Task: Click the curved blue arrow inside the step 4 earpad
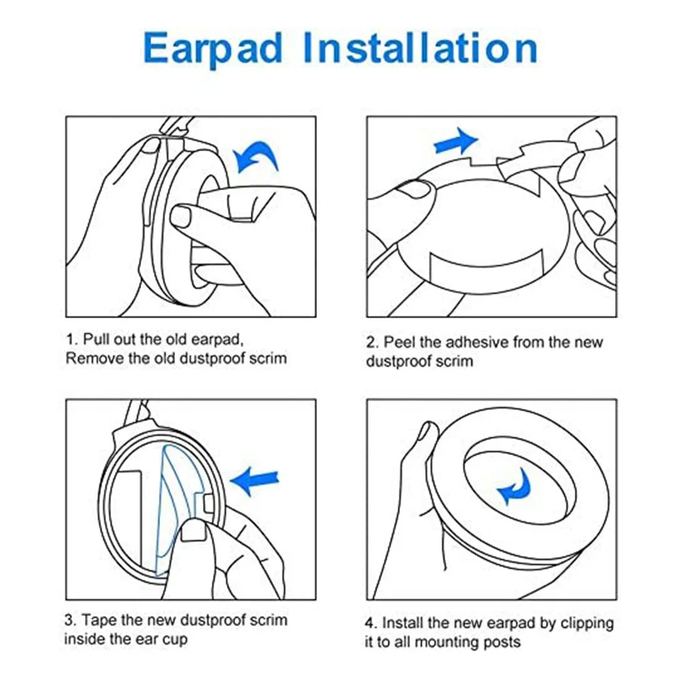point(516,486)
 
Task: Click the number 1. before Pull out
point(73,339)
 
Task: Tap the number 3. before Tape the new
point(72,621)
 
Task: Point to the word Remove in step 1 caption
point(91,358)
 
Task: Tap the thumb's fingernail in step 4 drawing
point(429,431)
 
